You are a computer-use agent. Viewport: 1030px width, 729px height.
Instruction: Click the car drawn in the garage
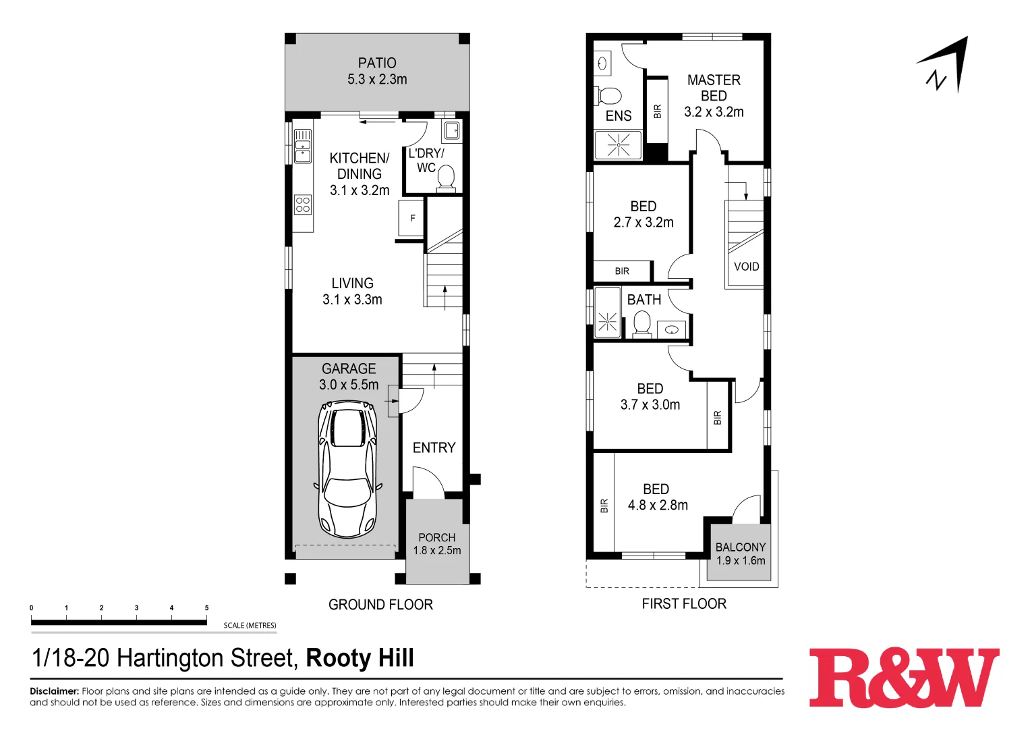(347, 468)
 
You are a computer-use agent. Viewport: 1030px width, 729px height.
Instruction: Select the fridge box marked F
(412, 218)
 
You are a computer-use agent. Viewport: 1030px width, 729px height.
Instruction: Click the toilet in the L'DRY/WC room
(446, 178)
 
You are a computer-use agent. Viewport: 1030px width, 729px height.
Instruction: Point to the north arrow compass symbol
(946, 66)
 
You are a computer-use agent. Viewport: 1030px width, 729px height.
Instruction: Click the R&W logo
(904, 678)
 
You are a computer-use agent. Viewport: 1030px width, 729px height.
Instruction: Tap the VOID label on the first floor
(746, 267)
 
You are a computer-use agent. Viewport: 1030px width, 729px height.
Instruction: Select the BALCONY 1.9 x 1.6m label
(741, 554)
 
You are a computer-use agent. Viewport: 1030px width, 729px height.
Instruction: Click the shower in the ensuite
(618, 145)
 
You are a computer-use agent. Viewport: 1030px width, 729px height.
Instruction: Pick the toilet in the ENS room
(609, 95)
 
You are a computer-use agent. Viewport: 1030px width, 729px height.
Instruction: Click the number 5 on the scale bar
(206, 608)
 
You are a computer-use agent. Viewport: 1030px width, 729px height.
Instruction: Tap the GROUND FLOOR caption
(380, 605)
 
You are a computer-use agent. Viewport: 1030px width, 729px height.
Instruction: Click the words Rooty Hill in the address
(360, 658)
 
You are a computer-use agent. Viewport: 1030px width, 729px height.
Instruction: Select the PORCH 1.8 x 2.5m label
(437, 544)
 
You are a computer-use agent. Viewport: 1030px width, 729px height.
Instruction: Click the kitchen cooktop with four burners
(303, 205)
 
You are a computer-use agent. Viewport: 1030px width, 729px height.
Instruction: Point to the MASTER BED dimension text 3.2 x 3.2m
(714, 112)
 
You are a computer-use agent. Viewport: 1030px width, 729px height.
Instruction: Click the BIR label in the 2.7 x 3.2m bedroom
(622, 271)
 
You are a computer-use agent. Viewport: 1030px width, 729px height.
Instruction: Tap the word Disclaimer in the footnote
(54, 691)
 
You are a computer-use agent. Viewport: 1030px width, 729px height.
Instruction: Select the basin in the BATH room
(672, 330)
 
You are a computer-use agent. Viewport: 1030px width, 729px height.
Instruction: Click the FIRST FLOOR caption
(684, 604)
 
